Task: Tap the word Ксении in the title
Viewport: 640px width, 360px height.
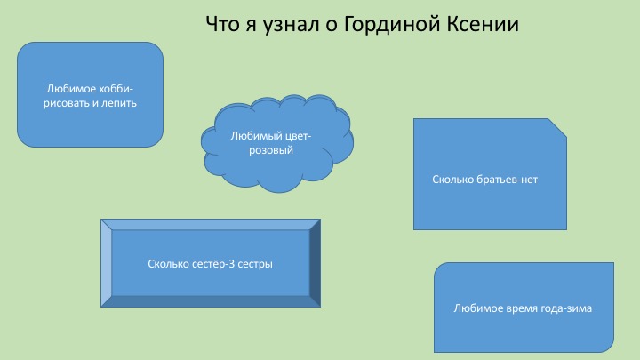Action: (x=482, y=24)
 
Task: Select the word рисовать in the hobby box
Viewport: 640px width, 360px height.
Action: (x=66, y=103)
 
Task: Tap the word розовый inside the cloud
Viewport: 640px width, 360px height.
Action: (x=271, y=150)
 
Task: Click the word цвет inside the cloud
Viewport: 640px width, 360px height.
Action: (x=297, y=136)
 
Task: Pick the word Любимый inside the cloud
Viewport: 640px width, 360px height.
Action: (x=256, y=136)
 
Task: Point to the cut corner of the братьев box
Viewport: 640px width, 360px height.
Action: (x=557, y=128)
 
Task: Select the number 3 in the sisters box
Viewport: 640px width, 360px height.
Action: (x=231, y=264)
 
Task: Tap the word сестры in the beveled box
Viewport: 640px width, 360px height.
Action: (x=255, y=265)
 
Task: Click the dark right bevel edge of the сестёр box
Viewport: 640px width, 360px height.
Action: (x=315, y=263)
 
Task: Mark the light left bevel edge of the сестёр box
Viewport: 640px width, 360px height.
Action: (x=106, y=263)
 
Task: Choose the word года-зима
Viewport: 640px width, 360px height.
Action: (x=566, y=308)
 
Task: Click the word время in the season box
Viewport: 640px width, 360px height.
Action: (x=521, y=308)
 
